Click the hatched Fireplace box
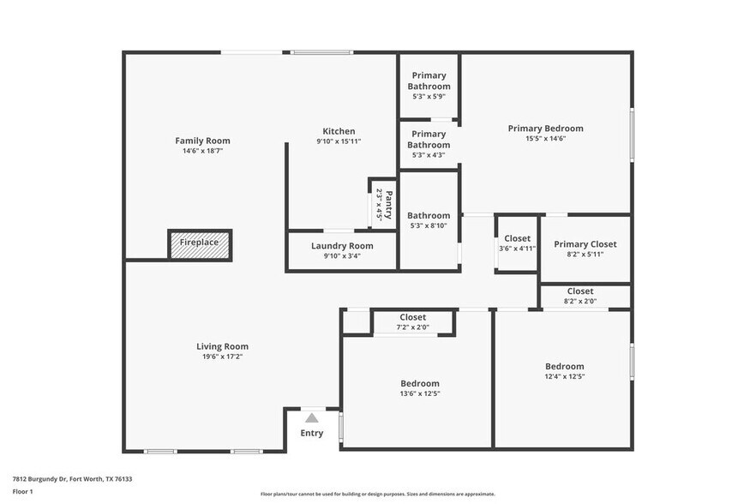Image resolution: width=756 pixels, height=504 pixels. point(199,243)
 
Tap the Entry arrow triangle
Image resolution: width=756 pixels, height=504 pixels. point(312,417)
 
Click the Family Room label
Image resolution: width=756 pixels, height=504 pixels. point(202,141)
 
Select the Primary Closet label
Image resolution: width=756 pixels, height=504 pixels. point(585,244)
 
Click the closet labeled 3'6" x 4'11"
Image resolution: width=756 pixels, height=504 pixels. point(517,243)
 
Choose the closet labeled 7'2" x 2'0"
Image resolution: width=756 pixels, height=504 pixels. point(412,322)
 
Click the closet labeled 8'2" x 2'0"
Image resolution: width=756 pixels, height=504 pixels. point(580,297)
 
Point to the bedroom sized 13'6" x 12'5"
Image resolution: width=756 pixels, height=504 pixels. point(420,388)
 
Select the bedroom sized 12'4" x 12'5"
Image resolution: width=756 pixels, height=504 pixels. point(564,371)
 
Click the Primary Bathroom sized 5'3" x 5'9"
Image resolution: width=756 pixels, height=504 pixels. point(429,86)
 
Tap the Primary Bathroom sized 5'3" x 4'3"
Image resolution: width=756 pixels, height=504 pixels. point(429,144)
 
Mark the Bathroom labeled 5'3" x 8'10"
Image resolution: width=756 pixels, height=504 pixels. point(429,220)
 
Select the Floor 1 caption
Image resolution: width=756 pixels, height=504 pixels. point(22,491)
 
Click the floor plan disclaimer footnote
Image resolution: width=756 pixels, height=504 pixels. point(377,494)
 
